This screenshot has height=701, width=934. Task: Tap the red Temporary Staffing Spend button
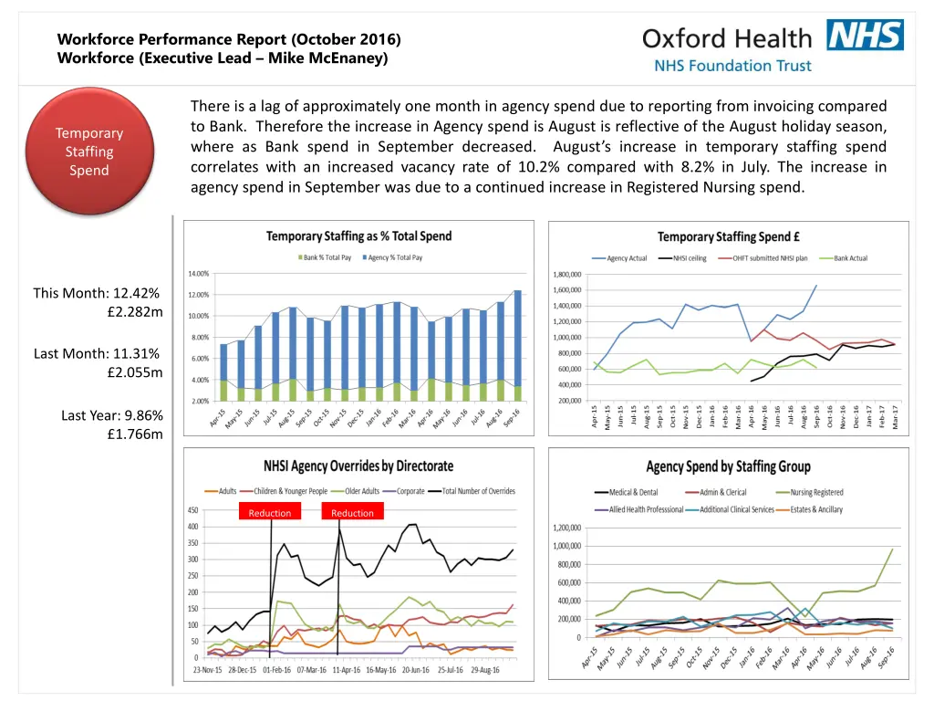tap(88, 152)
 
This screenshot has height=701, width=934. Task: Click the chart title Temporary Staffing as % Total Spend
tap(358, 236)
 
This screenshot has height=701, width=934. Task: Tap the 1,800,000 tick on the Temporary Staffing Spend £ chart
tap(571, 274)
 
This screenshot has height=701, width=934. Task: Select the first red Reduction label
tap(270, 513)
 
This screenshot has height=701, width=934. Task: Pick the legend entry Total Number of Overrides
tap(478, 491)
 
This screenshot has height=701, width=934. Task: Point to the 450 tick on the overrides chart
tap(193, 510)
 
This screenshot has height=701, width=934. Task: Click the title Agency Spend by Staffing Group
tap(728, 467)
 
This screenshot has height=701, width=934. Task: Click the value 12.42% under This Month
tap(136, 293)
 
